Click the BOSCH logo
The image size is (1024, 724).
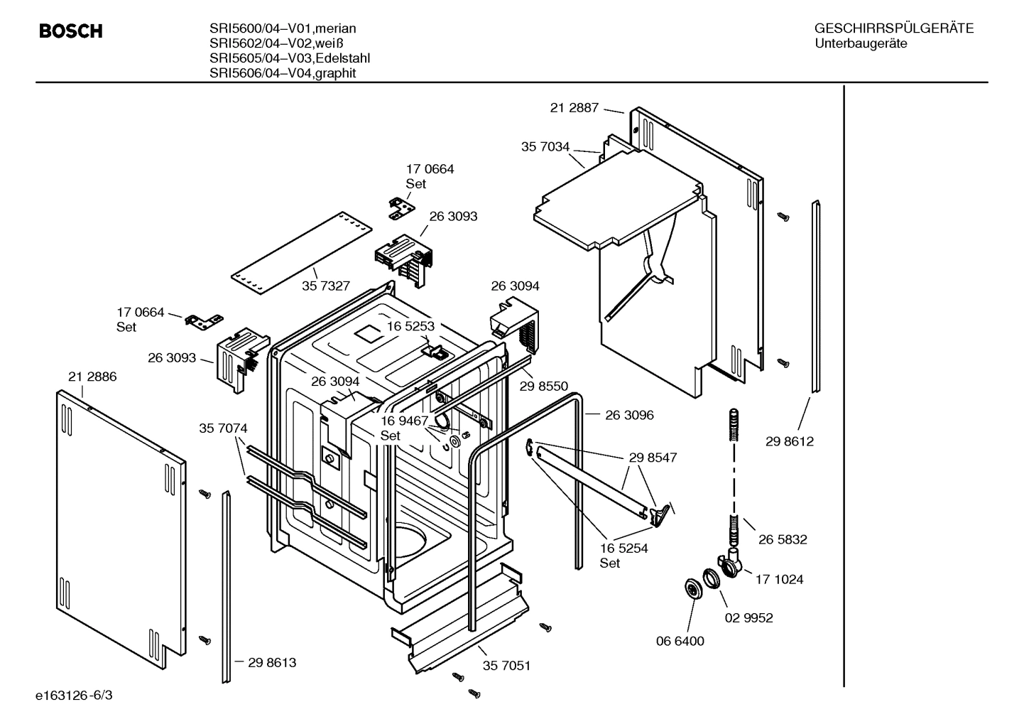point(71,31)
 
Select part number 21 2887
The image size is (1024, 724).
point(574,108)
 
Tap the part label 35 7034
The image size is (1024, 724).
point(545,147)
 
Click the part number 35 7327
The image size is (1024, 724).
point(326,286)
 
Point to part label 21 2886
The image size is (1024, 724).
point(92,377)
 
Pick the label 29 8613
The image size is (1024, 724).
point(272,662)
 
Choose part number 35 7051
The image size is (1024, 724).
point(506,666)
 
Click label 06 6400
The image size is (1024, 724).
point(680,641)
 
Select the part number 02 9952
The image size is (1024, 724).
point(748,617)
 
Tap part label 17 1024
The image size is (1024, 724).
point(779,579)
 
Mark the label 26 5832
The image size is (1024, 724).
point(783,539)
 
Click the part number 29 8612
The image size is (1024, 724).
point(790,441)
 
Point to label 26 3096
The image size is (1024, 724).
point(629,415)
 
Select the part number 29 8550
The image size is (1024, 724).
point(544,386)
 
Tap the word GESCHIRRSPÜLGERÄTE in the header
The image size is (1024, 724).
point(893,28)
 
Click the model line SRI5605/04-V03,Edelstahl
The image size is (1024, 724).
point(289,58)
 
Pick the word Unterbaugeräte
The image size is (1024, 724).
point(861,43)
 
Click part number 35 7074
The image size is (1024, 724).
point(223,428)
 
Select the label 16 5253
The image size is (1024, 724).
point(410,326)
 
